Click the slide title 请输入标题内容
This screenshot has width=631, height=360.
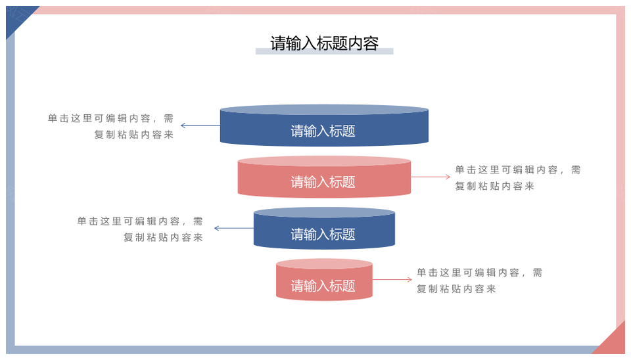coord(324,43)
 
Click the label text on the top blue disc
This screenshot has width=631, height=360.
coord(323,131)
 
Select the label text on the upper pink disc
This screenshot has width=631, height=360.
coord(323,182)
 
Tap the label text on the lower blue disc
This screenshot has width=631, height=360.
coord(323,234)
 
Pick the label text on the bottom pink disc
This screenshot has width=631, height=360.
coord(323,286)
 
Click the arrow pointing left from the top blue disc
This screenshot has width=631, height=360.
coord(200,125)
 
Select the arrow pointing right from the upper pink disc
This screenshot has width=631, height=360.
coord(431,177)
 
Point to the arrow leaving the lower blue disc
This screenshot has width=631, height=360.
coord(234,229)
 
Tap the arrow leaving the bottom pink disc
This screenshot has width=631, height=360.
coord(392,280)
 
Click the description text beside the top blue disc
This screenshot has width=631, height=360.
coord(110,126)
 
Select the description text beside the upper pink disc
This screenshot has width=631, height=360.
coord(518,178)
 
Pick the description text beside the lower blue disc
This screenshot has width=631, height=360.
coord(140,229)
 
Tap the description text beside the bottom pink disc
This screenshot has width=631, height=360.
coord(479,281)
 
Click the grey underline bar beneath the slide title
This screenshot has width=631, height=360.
coord(324,51)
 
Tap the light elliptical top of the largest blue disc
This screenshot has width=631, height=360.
coord(324,110)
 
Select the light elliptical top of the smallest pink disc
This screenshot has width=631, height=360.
coord(324,264)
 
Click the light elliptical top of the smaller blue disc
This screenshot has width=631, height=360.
coord(324,212)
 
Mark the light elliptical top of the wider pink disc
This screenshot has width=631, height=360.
coord(324,161)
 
